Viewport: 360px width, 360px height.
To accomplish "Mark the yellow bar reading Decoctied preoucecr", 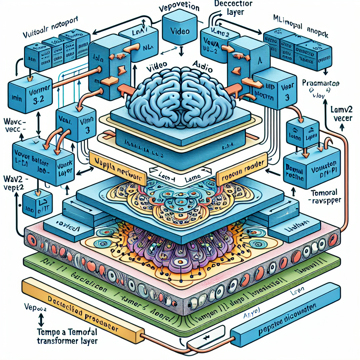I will tap(81, 309).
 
